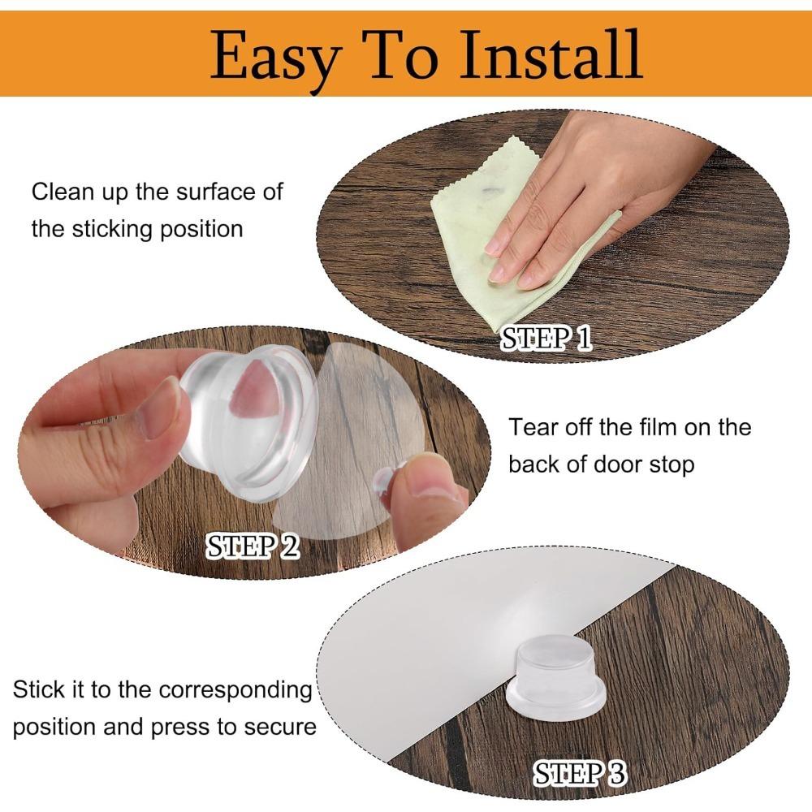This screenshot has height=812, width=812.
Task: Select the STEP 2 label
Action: coord(253,546)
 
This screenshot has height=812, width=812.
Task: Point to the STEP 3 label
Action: coord(580,773)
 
